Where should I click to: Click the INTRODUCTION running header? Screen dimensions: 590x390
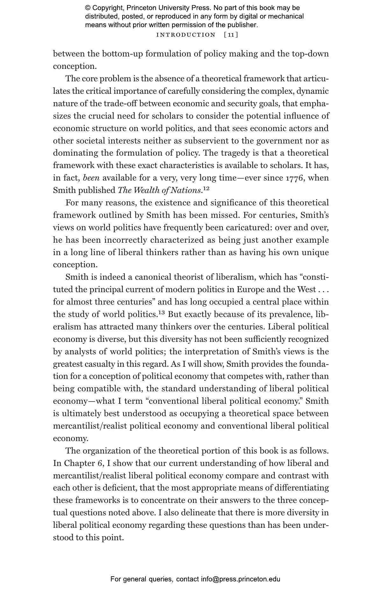coord(186,35)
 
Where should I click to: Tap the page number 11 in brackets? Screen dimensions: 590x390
coord(231,35)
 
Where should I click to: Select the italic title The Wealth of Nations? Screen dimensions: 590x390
coord(160,190)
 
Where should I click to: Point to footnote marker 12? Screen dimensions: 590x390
coord(206,188)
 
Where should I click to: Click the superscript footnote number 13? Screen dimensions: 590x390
coord(161,312)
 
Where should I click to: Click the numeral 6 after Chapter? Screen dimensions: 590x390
coord(101,463)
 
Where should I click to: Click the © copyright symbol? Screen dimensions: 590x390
coord(88,8)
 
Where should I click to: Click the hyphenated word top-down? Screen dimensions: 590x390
coord(310,54)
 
